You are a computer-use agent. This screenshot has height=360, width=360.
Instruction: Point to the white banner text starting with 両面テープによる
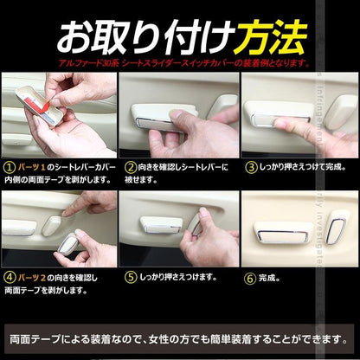pyautogui.click(x=178, y=337)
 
